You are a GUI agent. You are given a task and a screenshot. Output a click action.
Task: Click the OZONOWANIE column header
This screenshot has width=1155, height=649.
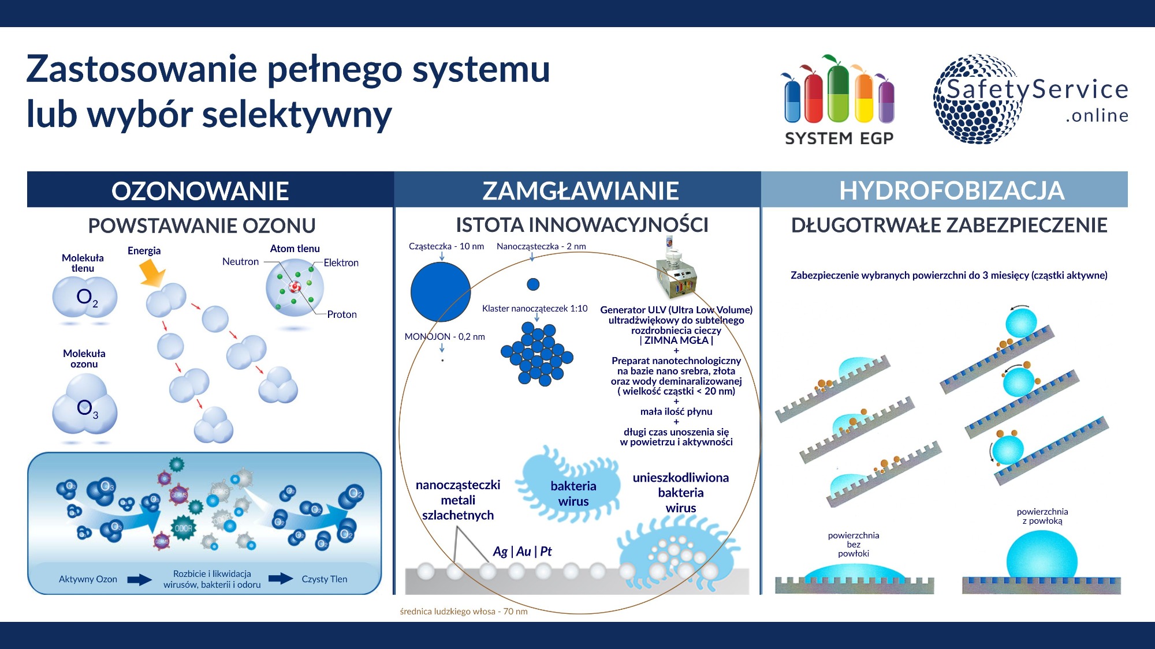coord(200,191)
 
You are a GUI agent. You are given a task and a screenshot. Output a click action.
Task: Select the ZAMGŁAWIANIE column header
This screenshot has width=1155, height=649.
coord(580,191)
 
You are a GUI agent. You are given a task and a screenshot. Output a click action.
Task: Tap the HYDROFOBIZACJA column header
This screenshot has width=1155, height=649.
coord(951,191)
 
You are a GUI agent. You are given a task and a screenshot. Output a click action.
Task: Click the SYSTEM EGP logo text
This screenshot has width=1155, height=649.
coord(839,138)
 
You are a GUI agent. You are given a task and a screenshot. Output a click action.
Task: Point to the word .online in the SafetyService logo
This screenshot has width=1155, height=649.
coord(1097,116)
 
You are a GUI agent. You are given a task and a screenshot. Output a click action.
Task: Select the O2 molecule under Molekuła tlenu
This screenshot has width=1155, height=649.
coord(85,298)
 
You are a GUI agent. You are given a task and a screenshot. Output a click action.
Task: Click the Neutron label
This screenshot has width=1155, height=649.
coord(240,262)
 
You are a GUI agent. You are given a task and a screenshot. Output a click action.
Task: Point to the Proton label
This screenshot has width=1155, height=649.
coord(342,314)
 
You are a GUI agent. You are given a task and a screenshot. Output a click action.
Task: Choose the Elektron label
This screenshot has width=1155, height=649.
coord(341,263)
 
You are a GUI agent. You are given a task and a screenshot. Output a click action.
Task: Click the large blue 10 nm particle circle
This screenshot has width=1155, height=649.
coord(441,292)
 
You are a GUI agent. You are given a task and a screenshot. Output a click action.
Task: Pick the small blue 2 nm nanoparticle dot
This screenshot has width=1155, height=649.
coord(533,284)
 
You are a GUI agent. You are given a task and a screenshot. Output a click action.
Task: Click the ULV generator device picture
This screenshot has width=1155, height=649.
coord(676,271)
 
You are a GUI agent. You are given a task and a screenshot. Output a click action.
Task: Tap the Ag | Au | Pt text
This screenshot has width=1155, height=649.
coord(522,552)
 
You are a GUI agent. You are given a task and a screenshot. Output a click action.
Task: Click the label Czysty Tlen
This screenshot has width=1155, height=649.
coord(324,579)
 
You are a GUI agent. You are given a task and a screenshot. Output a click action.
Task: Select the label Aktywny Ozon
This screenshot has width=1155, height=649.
coord(88,579)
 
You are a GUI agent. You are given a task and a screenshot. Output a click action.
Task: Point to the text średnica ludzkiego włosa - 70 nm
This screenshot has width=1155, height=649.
coord(463,612)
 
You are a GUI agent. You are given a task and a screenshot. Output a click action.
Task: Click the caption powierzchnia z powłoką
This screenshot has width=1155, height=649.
coord(1042,516)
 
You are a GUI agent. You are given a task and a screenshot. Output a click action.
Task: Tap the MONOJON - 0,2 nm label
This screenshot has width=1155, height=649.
coord(444,337)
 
